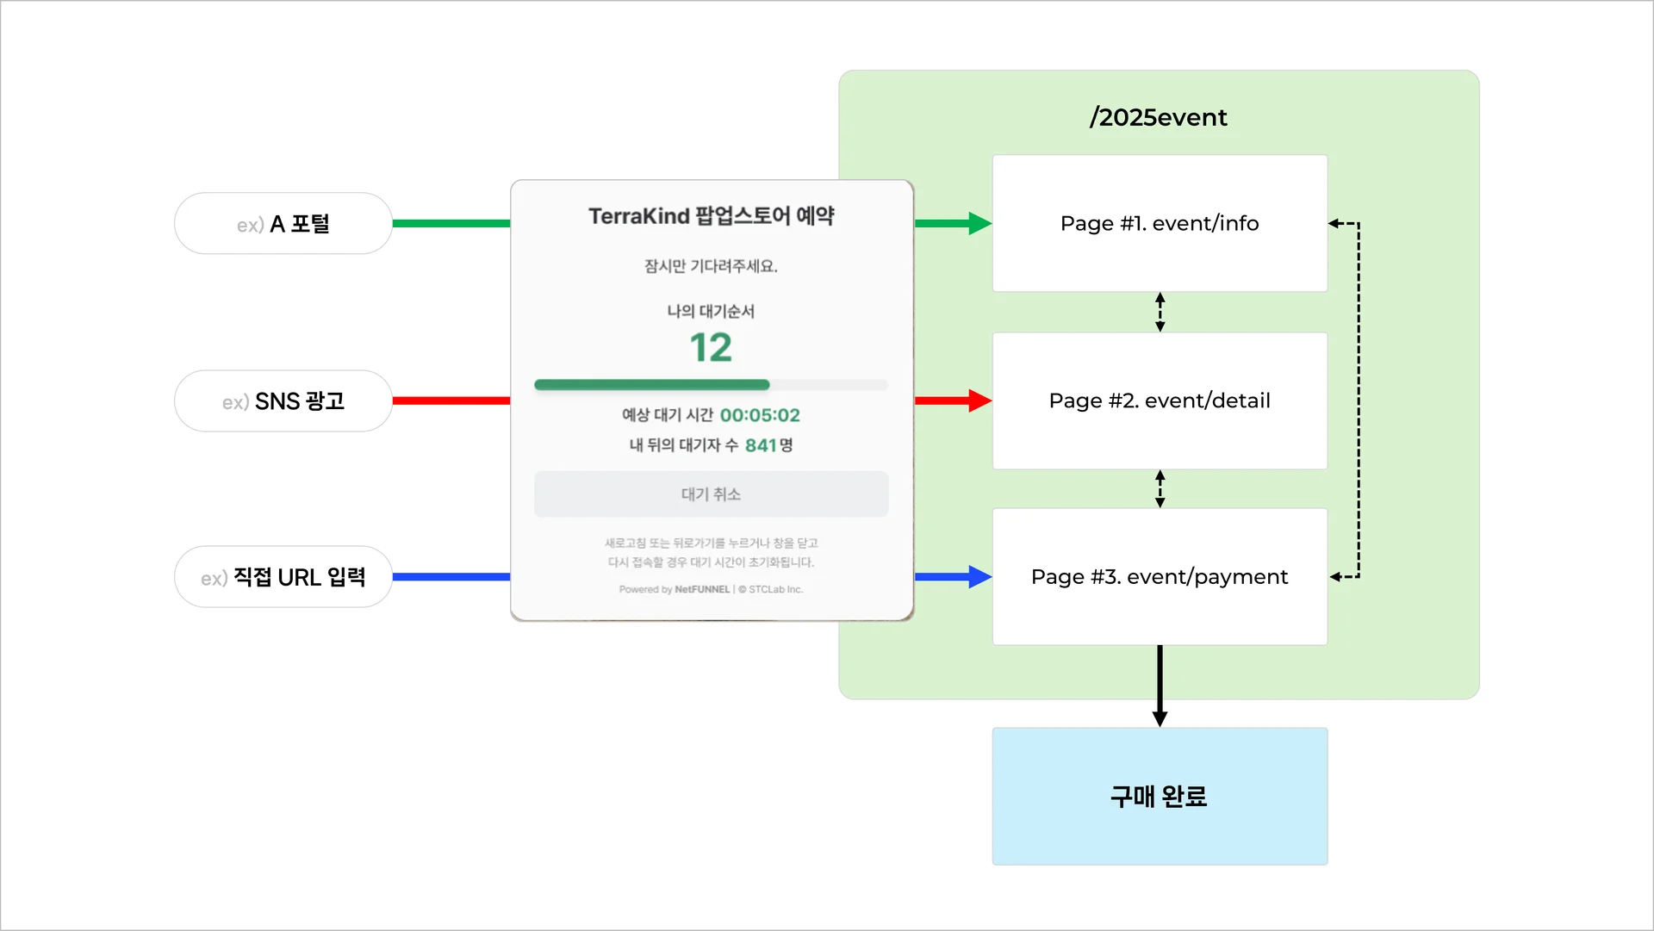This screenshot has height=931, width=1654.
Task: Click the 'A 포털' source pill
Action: pyautogui.click(x=283, y=224)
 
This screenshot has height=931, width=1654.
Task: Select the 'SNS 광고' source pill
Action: pyautogui.click(x=283, y=401)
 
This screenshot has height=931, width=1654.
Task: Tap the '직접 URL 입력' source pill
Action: pyautogui.click(x=283, y=577)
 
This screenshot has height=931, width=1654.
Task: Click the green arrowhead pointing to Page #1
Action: pyautogui.click(x=979, y=224)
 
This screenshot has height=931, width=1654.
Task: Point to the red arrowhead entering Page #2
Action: pyautogui.click(x=979, y=400)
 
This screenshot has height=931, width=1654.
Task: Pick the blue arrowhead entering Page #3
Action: pyautogui.click(x=979, y=577)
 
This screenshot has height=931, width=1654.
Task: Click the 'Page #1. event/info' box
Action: pyautogui.click(x=1160, y=224)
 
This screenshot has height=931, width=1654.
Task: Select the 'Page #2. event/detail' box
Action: pyautogui.click(x=1160, y=400)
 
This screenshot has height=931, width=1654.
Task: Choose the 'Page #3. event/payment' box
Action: pyautogui.click(x=1160, y=577)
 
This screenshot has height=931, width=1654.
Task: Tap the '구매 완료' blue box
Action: pyautogui.click(x=1160, y=797)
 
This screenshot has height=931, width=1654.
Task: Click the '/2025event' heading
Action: pyautogui.click(x=1159, y=117)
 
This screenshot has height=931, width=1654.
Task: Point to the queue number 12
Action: pyautogui.click(x=711, y=348)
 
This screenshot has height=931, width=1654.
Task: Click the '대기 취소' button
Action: pyautogui.click(x=711, y=494)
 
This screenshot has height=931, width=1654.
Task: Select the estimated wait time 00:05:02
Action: pyautogui.click(x=760, y=415)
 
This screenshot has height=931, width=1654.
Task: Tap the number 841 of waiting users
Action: pyautogui.click(x=761, y=445)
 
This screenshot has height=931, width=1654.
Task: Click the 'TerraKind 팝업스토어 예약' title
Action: pyautogui.click(x=711, y=216)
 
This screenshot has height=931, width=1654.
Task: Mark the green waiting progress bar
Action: pyautogui.click(x=652, y=385)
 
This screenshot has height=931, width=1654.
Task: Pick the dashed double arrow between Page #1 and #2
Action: pyautogui.click(x=1160, y=312)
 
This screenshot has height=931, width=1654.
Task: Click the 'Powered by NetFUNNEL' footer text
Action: pyautogui.click(x=674, y=590)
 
